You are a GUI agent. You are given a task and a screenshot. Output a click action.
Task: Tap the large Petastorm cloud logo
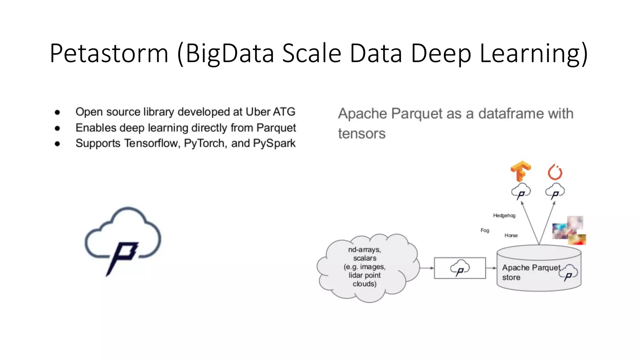coord(123,241)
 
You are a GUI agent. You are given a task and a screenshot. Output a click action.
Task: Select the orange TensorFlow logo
coord(521,171)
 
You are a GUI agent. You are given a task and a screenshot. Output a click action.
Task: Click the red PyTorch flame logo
coord(555,172)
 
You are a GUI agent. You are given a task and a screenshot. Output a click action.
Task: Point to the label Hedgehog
coord(504,215)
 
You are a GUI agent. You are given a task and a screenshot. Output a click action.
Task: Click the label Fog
coord(485,230)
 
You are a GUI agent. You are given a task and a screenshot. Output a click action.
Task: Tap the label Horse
coord(511,235)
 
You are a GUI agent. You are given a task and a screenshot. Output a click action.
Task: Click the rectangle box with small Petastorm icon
coord(460,268)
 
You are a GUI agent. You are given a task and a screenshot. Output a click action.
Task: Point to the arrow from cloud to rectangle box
coord(427,268)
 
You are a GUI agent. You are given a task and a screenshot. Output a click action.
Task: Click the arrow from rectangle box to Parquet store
coord(491,268)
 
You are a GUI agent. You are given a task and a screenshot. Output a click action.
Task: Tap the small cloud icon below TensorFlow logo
coord(521,191)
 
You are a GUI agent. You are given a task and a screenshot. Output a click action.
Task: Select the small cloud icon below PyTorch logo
coord(555,191)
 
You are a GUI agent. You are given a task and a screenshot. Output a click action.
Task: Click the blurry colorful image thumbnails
coord(569,231)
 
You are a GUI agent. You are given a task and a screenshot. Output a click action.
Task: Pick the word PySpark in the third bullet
coord(274,143)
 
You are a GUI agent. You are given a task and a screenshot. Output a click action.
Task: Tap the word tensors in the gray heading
coord(362,134)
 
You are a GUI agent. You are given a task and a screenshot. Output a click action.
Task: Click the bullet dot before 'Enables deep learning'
coord(57,128)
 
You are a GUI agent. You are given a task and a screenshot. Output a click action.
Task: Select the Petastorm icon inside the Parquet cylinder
coord(568,272)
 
